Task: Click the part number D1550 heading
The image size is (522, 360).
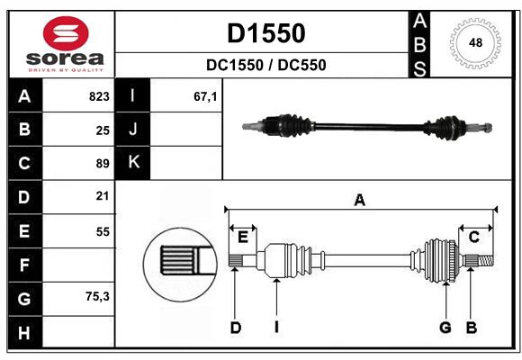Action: pyautogui.click(x=265, y=33)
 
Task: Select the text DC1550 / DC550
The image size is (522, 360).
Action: pyautogui.click(x=265, y=65)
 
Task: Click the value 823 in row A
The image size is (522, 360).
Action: pyautogui.click(x=98, y=96)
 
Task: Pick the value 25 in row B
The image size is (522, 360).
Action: pyautogui.click(x=102, y=130)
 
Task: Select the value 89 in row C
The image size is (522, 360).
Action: pyautogui.click(x=102, y=164)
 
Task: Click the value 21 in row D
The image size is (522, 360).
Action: pyautogui.click(x=102, y=195)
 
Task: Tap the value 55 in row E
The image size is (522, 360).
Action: pyautogui.click(x=102, y=231)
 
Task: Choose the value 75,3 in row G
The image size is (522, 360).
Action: pyautogui.click(x=97, y=295)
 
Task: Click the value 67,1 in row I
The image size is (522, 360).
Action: pyautogui.click(x=206, y=96)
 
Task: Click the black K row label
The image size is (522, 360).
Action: pyautogui.click(x=133, y=163)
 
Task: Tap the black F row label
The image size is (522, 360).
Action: pyautogui.click(x=24, y=265)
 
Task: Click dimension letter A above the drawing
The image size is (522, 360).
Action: pyautogui.click(x=360, y=200)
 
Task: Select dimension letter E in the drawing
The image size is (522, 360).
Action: pyautogui.click(x=243, y=237)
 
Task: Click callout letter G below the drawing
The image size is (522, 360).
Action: pyautogui.click(x=445, y=328)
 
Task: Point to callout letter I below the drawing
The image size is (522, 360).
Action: pyautogui.click(x=277, y=328)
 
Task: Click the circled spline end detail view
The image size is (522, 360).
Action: pyautogui.click(x=178, y=262)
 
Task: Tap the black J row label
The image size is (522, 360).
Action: pyautogui.click(x=133, y=130)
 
